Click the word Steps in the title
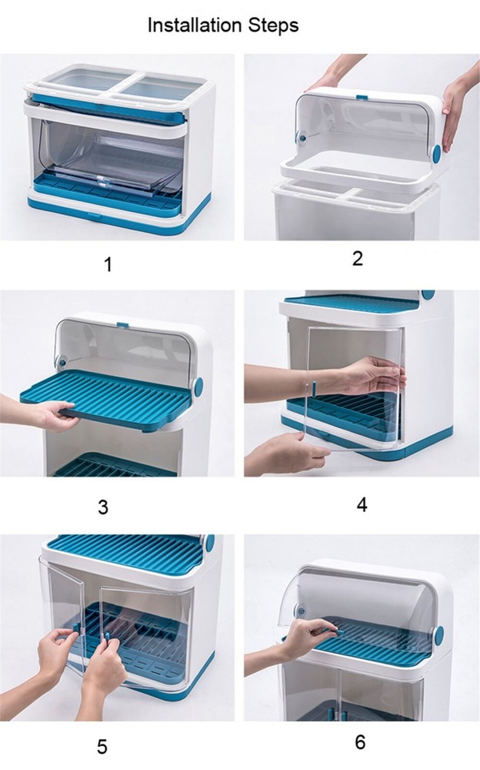(271, 26)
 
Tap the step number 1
(108, 265)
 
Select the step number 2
(357, 259)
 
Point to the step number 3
(103, 507)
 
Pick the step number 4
(362, 504)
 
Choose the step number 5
(102, 747)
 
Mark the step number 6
(359, 742)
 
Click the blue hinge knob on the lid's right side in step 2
(437, 152)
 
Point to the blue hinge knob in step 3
(199, 385)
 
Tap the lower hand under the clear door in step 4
(285, 454)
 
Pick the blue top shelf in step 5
(123, 550)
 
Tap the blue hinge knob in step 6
(438, 635)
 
